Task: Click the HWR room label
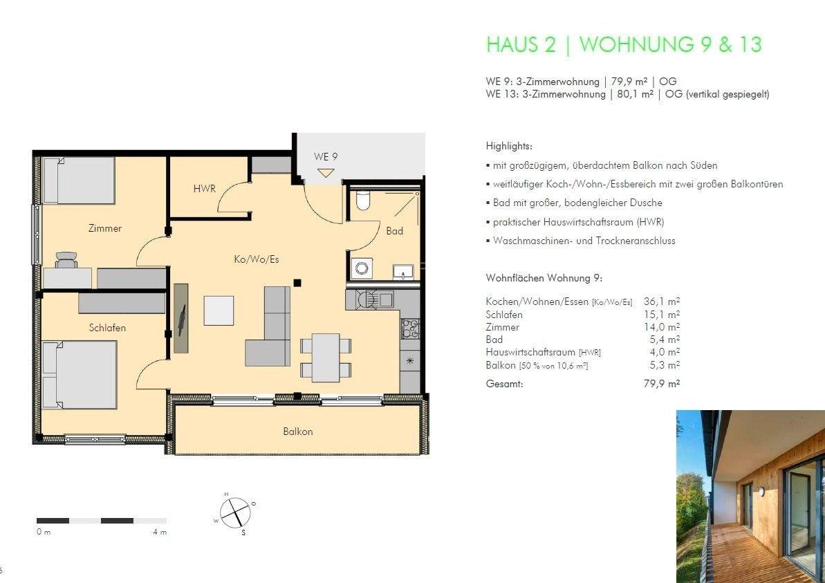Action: coord(204,188)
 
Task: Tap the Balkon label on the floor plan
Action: coord(298,432)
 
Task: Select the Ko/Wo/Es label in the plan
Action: coord(257,259)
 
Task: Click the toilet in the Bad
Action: coord(363,200)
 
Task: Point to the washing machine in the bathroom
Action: coord(362,268)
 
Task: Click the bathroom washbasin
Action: coord(403,272)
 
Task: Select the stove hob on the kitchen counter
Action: coord(410,329)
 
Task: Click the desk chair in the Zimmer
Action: coord(66,259)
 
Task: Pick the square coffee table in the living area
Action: coord(219,311)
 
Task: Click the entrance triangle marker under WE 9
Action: coord(326,173)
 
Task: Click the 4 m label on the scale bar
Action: coord(160,532)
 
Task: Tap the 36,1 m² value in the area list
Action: coord(661,302)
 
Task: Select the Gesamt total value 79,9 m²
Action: coord(661,384)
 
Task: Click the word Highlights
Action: coord(509,146)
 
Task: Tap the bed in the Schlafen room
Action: coord(80,375)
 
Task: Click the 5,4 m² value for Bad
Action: coord(665,340)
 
